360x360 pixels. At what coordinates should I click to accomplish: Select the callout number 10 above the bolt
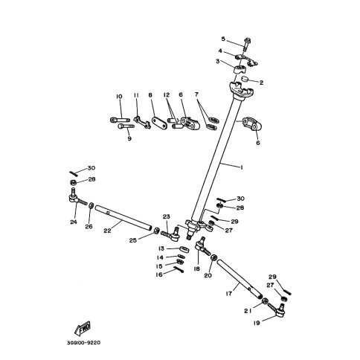pyautogui.click(x=119, y=97)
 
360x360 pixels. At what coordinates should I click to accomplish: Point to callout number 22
pyautogui.click(x=107, y=231)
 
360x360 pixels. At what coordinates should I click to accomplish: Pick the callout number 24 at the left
pyautogui.click(x=74, y=221)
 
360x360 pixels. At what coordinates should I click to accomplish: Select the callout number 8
pyautogui.click(x=150, y=96)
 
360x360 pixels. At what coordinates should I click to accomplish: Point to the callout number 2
pyautogui.click(x=262, y=83)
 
